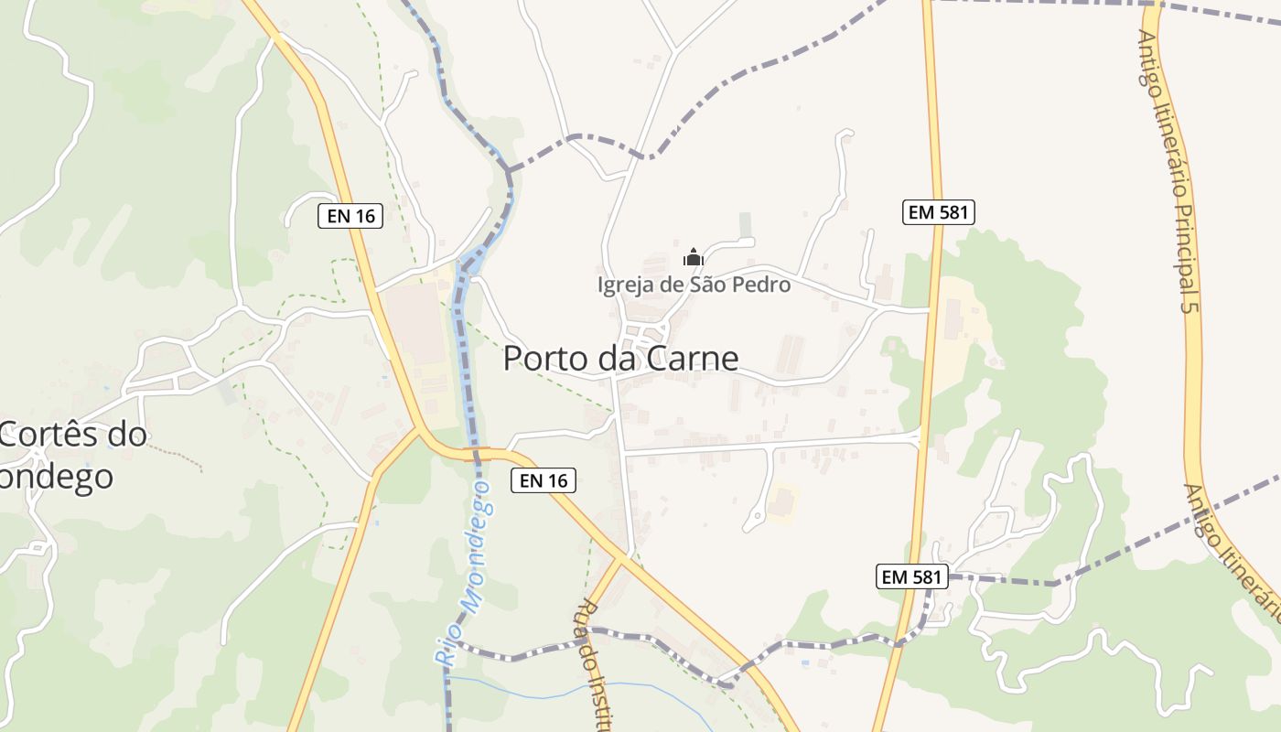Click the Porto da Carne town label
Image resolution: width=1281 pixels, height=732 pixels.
(620, 358)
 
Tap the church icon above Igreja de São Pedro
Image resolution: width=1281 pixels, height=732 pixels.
(694, 257)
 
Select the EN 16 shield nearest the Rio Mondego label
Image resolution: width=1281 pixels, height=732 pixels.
(544, 479)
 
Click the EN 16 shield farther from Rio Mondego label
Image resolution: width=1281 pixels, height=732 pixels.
(350, 216)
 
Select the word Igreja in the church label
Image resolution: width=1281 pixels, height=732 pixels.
(628, 285)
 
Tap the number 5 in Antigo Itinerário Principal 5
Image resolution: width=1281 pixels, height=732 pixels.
(1189, 306)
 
